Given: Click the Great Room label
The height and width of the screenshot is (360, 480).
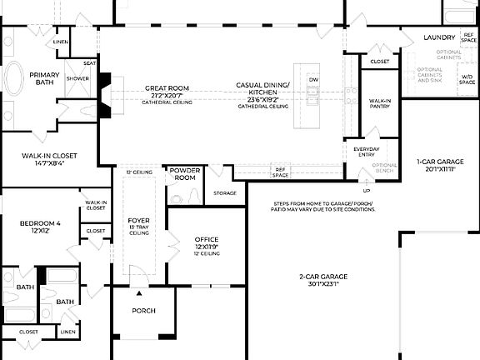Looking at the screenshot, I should pyautogui.click(x=167, y=87).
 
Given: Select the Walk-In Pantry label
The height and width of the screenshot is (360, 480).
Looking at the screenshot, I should pyautogui.click(x=380, y=103).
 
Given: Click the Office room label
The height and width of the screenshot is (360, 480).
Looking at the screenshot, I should pyautogui.click(x=207, y=239).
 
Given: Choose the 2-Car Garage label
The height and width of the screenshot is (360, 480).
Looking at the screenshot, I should pyautogui.click(x=323, y=276).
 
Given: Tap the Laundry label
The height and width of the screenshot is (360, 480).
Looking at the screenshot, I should pyautogui.click(x=439, y=37).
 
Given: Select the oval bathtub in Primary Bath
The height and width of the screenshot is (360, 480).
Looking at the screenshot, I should pyautogui.click(x=16, y=82).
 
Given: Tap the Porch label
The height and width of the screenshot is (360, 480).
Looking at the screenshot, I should pyautogui.click(x=144, y=311).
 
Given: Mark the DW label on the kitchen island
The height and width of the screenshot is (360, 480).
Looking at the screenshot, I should pyautogui.click(x=313, y=80).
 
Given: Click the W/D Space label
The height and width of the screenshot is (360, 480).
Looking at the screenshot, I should pyautogui.click(x=467, y=79).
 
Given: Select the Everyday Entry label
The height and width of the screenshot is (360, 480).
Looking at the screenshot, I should pyautogui.click(x=366, y=152).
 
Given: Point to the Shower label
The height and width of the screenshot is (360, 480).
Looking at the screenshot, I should pyautogui.click(x=77, y=79).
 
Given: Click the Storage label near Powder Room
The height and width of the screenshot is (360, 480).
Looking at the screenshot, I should pyautogui.click(x=225, y=193).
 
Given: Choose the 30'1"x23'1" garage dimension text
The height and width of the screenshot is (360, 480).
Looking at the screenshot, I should pyautogui.click(x=323, y=283).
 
